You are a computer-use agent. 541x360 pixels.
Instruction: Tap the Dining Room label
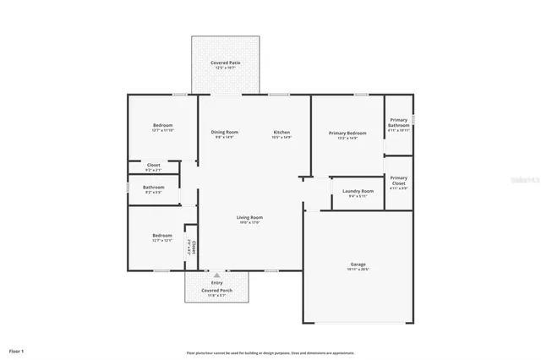pyautogui.click(x=224, y=132)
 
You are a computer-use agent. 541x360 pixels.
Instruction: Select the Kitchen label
pyautogui.click(x=281, y=132)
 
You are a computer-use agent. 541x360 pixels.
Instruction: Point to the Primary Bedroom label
pyautogui.click(x=347, y=133)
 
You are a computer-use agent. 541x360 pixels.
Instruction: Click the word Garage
pyautogui.click(x=358, y=264)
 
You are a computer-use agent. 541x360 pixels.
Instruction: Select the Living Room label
pyautogui.click(x=249, y=218)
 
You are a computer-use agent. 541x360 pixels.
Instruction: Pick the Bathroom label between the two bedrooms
pyautogui.click(x=153, y=188)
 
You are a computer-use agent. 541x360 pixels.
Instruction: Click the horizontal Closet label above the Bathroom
pyautogui.click(x=153, y=165)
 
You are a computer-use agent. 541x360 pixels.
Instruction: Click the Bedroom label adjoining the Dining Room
pyautogui.click(x=162, y=126)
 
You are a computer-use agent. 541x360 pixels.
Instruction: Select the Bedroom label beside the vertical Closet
pyautogui.click(x=161, y=236)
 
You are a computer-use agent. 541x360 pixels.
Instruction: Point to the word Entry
pyautogui.click(x=216, y=283)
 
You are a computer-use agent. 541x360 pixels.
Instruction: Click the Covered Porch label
pyautogui.click(x=216, y=290)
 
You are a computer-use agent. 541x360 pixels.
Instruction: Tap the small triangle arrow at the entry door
pyautogui.click(x=216, y=275)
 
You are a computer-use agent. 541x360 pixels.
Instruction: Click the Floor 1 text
pyautogui.click(x=17, y=350)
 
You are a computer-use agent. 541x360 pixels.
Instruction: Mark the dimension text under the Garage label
pyautogui.click(x=358, y=270)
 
